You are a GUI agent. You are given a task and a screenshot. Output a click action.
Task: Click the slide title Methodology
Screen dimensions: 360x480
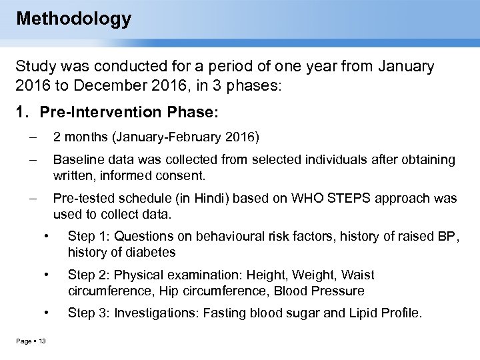(x=73, y=18)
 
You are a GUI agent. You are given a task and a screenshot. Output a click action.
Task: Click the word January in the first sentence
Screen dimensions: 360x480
(x=405, y=67)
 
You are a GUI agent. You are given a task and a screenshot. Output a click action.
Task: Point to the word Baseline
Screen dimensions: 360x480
(x=77, y=160)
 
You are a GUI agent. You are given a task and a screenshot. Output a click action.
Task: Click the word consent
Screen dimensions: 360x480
(x=186, y=177)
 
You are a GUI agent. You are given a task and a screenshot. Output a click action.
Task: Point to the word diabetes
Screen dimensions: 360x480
(x=152, y=253)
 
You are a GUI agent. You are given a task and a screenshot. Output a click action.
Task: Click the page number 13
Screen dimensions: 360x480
(x=41, y=342)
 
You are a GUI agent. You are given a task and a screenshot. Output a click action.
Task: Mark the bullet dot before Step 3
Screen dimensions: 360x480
(x=46, y=312)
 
